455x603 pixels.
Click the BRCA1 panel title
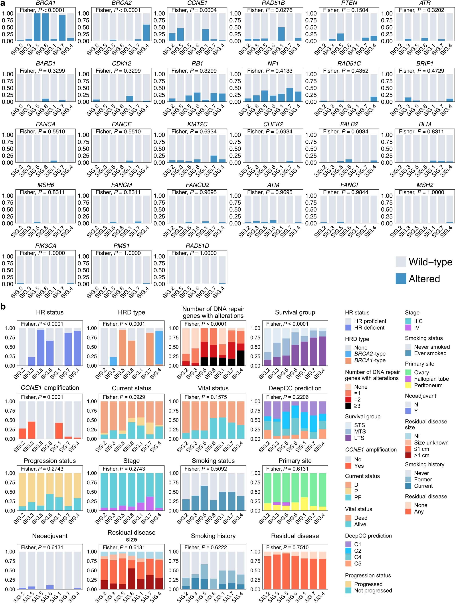[x=45, y=3]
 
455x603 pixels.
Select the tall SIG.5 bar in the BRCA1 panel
[x=37, y=27]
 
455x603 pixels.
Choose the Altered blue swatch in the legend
[x=401, y=279]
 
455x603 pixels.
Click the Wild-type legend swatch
[x=401, y=262]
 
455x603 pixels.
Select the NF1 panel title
[x=273, y=63]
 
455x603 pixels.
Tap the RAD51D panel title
[x=197, y=246]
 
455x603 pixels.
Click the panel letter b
[x=3, y=307]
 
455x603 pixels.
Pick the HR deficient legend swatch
[x=348, y=328]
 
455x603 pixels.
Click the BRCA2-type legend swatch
[x=348, y=354]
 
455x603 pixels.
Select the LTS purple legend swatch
[x=348, y=438]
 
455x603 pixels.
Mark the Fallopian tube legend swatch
[x=408, y=379]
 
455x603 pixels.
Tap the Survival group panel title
[x=295, y=312]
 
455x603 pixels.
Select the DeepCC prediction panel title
[x=295, y=388]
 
